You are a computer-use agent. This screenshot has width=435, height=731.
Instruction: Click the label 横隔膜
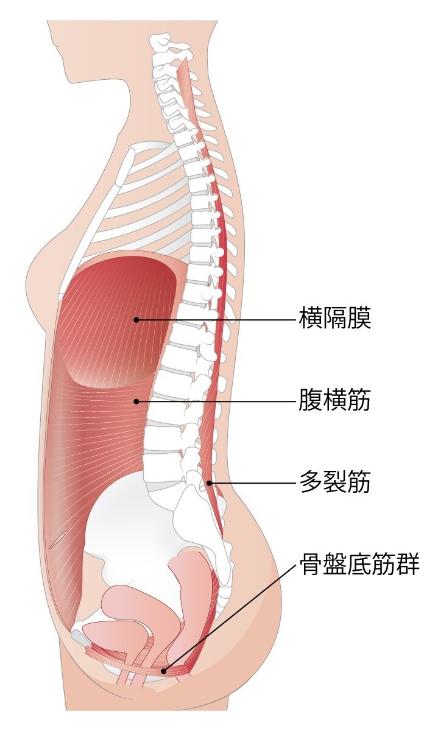pyautogui.click(x=335, y=317)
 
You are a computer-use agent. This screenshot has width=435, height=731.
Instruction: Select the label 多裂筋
pyautogui.click(x=335, y=481)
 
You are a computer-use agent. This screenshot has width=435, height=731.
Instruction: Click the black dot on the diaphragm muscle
pyautogui.click(x=136, y=320)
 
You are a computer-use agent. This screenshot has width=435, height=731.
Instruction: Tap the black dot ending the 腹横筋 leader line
pyautogui.click(x=136, y=401)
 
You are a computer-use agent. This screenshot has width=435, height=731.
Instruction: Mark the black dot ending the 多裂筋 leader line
pyautogui.click(x=210, y=482)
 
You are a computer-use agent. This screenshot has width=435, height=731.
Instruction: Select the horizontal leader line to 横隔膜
pyautogui.click(x=216, y=320)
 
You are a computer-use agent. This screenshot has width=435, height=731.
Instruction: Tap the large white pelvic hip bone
pyautogui.click(x=134, y=522)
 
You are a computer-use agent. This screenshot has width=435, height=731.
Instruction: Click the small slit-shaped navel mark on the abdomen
pyautogui.click(x=58, y=540)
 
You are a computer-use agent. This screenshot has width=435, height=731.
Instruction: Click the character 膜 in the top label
pyautogui.click(x=359, y=317)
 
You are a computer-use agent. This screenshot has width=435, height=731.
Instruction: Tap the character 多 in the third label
pyautogui.click(x=311, y=481)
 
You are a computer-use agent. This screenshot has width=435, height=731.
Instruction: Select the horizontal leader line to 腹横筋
pyautogui.click(x=216, y=401)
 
